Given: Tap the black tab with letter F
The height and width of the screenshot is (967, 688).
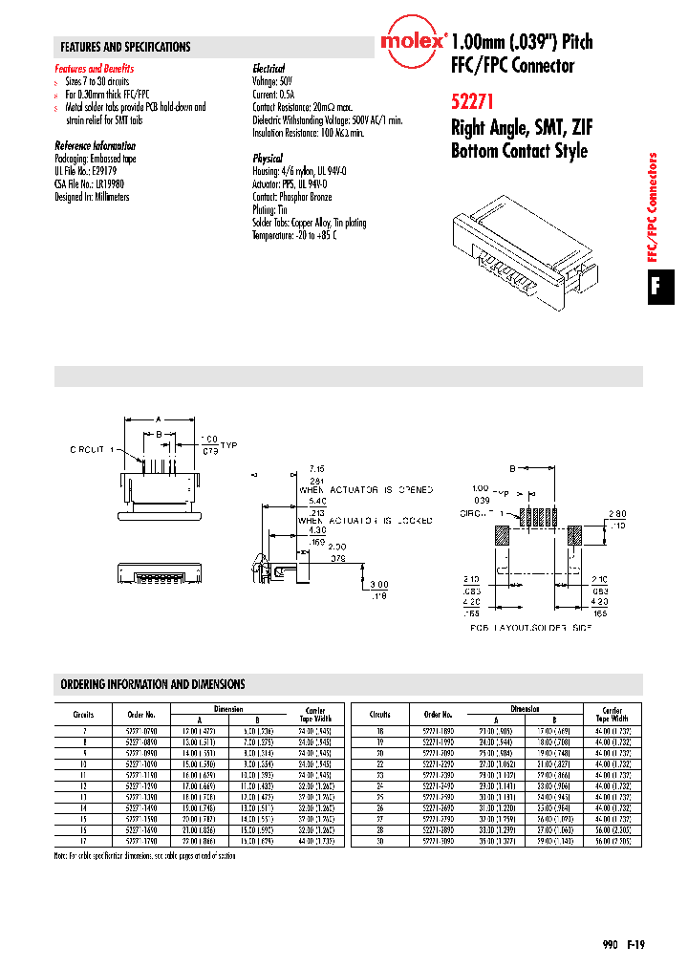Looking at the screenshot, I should (x=655, y=286).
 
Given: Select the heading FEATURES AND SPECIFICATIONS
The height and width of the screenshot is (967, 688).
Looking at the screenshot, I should (x=125, y=47).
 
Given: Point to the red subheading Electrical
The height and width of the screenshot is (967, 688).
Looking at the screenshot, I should (x=269, y=69).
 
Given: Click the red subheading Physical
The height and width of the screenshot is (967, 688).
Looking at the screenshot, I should (x=268, y=158).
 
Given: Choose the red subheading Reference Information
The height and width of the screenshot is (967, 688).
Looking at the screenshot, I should (x=95, y=145).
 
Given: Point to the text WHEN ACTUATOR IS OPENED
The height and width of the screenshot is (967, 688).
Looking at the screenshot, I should (x=365, y=489).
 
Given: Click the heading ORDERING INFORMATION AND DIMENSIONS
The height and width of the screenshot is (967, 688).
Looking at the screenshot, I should (x=153, y=684).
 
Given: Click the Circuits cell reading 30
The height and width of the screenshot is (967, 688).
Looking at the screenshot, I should (x=380, y=841).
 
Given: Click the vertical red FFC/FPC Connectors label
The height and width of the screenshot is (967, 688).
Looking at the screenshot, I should (x=655, y=207).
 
